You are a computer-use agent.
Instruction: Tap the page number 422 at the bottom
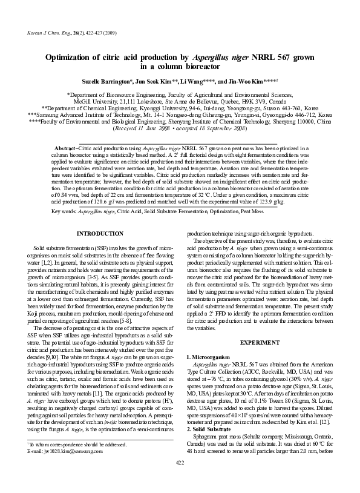(x=179, y=479)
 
